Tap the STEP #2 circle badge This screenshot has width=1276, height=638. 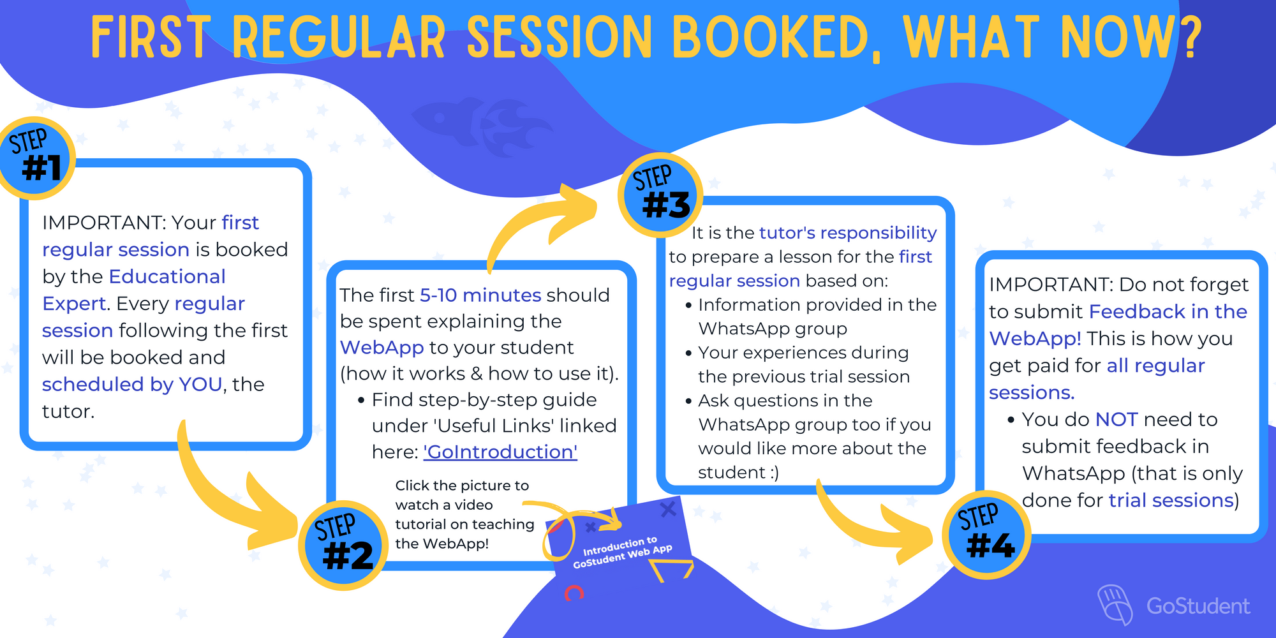click(x=343, y=545)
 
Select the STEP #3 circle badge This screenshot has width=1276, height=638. click(x=660, y=195)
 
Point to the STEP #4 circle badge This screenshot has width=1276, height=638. click(x=986, y=535)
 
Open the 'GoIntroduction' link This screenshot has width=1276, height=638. click(x=500, y=452)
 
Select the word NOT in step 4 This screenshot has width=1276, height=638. click(x=1116, y=419)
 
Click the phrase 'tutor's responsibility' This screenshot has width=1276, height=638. click(x=848, y=233)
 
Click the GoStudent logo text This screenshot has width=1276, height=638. click(x=1198, y=605)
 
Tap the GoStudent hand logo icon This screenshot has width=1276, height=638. click(x=1115, y=603)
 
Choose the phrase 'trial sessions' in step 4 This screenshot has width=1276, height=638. click(x=1171, y=500)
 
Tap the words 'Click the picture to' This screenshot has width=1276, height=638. click(x=462, y=486)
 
